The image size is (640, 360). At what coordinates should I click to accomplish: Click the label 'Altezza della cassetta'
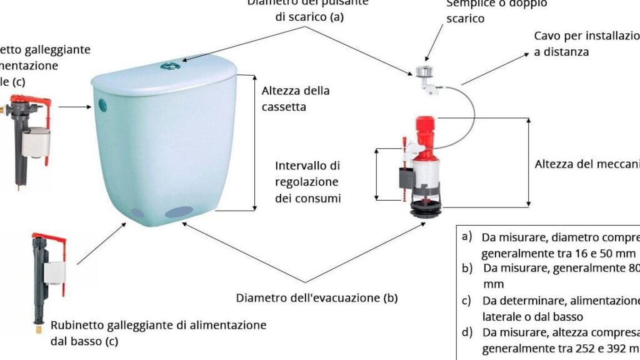(296, 99)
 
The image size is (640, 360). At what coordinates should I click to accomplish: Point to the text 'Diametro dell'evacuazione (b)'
(317, 298)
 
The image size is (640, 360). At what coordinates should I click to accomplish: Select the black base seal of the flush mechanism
(426, 210)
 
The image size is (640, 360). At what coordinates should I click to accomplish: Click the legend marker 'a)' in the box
(467, 237)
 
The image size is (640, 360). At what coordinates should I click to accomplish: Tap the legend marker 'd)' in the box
(467, 332)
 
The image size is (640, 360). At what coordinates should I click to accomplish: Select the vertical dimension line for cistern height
(255, 142)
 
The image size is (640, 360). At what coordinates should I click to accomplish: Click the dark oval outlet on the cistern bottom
(179, 212)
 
